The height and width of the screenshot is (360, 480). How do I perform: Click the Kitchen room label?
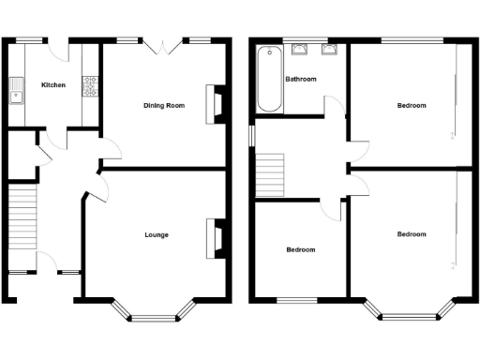(53, 85)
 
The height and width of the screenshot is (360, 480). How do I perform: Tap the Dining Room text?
(164, 105)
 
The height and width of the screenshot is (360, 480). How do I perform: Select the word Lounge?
(157, 234)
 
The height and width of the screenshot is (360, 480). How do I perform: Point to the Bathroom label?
(301, 80)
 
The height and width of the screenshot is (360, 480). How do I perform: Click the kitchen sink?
(16, 91)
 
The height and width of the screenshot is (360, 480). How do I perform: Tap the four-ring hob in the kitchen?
(91, 88)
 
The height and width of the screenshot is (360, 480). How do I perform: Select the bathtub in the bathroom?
(267, 79)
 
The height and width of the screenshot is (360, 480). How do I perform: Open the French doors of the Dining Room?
(163, 43)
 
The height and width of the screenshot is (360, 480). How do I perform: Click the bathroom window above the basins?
(314, 40)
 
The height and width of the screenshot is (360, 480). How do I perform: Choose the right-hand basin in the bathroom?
(329, 51)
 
